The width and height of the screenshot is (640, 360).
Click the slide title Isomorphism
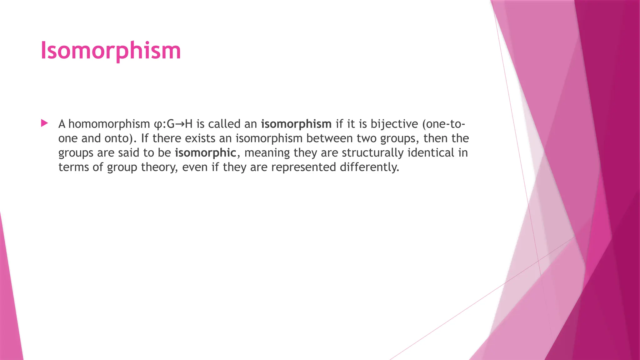(x=111, y=51)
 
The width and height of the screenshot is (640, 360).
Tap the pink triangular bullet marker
(x=44, y=123)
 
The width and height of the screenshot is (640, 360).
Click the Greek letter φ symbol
(x=158, y=124)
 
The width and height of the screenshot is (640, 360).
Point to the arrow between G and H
(x=180, y=124)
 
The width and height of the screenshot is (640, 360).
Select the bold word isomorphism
(x=296, y=124)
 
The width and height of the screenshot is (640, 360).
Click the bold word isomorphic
(x=205, y=153)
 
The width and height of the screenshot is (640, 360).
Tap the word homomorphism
(x=109, y=124)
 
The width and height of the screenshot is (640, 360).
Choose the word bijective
(x=394, y=124)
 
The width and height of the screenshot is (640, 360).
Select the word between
(x=331, y=138)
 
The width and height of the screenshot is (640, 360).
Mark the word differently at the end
(x=369, y=167)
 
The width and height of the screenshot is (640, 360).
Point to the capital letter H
(x=189, y=124)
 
